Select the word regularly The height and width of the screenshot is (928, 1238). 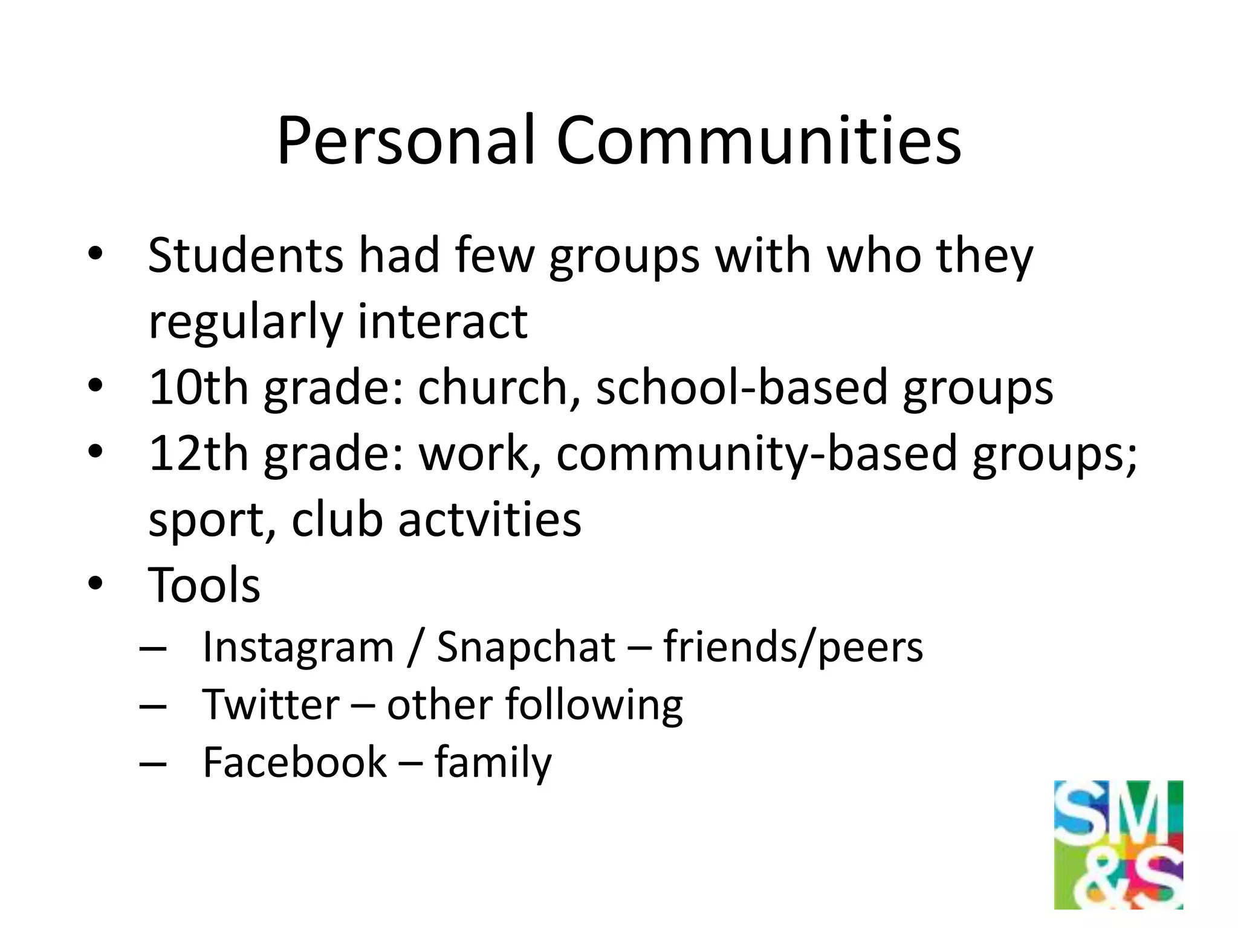click(x=245, y=321)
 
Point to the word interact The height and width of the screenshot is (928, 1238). click(x=442, y=321)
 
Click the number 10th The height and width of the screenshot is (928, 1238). click(x=198, y=387)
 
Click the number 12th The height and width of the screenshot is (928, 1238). click(x=198, y=453)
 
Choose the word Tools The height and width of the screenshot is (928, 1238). click(x=204, y=585)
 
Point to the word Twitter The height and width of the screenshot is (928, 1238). click(x=271, y=704)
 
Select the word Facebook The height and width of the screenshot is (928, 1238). click(x=294, y=762)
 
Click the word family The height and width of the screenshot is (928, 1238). click(x=493, y=763)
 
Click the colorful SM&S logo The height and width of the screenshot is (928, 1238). click(x=1118, y=845)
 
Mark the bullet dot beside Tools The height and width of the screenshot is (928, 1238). click(x=96, y=584)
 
